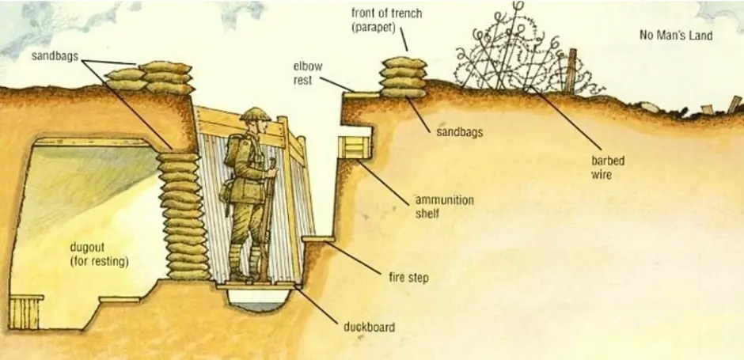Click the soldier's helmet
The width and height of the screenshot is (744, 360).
pyautogui.click(x=255, y=115)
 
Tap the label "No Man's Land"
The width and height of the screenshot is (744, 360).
pyautogui.click(x=676, y=36)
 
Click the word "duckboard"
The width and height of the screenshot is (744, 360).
pyautogui.click(x=369, y=326)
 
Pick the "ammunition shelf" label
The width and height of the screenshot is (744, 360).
pyautogui.click(x=444, y=207)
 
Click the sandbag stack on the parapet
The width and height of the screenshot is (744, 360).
pyautogui.click(x=403, y=78)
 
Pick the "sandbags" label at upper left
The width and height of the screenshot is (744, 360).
pyautogui.click(x=54, y=56)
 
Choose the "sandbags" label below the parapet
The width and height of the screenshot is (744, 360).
pyautogui.click(x=459, y=132)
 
